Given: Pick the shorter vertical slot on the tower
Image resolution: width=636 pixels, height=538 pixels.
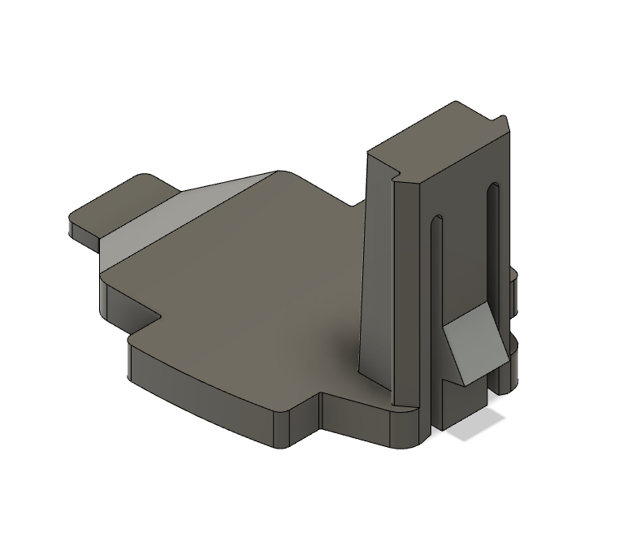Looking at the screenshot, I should click(438, 268).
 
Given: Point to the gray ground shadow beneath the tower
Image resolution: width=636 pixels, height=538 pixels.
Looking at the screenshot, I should click(475, 426).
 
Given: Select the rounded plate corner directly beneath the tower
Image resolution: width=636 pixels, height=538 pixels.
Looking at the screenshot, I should click(406, 431).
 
